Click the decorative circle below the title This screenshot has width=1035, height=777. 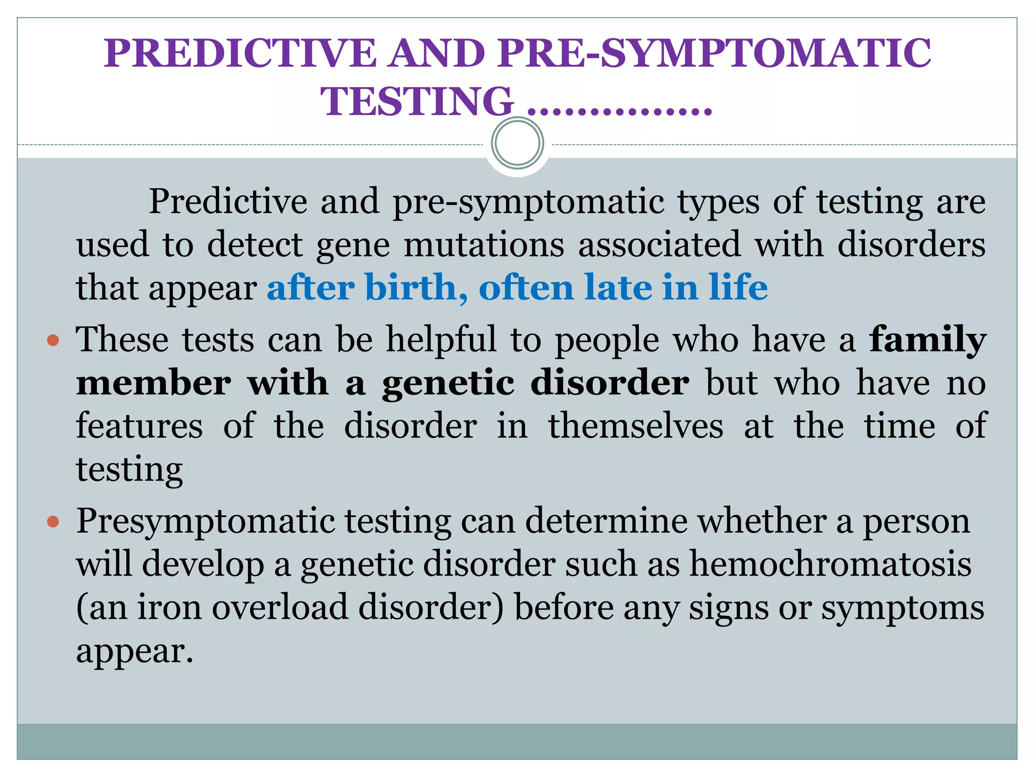[517, 143]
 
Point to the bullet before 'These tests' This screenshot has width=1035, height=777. [53, 340]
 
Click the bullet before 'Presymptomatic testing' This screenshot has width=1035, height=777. [53, 521]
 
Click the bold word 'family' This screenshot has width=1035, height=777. [927, 340]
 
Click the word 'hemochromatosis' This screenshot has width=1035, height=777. [830, 564]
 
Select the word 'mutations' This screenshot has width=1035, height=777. [484, 244]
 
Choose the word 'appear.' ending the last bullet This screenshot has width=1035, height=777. [135, 651]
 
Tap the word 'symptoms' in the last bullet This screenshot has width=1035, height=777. [903, 608]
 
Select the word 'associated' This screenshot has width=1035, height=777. [659, 244]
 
